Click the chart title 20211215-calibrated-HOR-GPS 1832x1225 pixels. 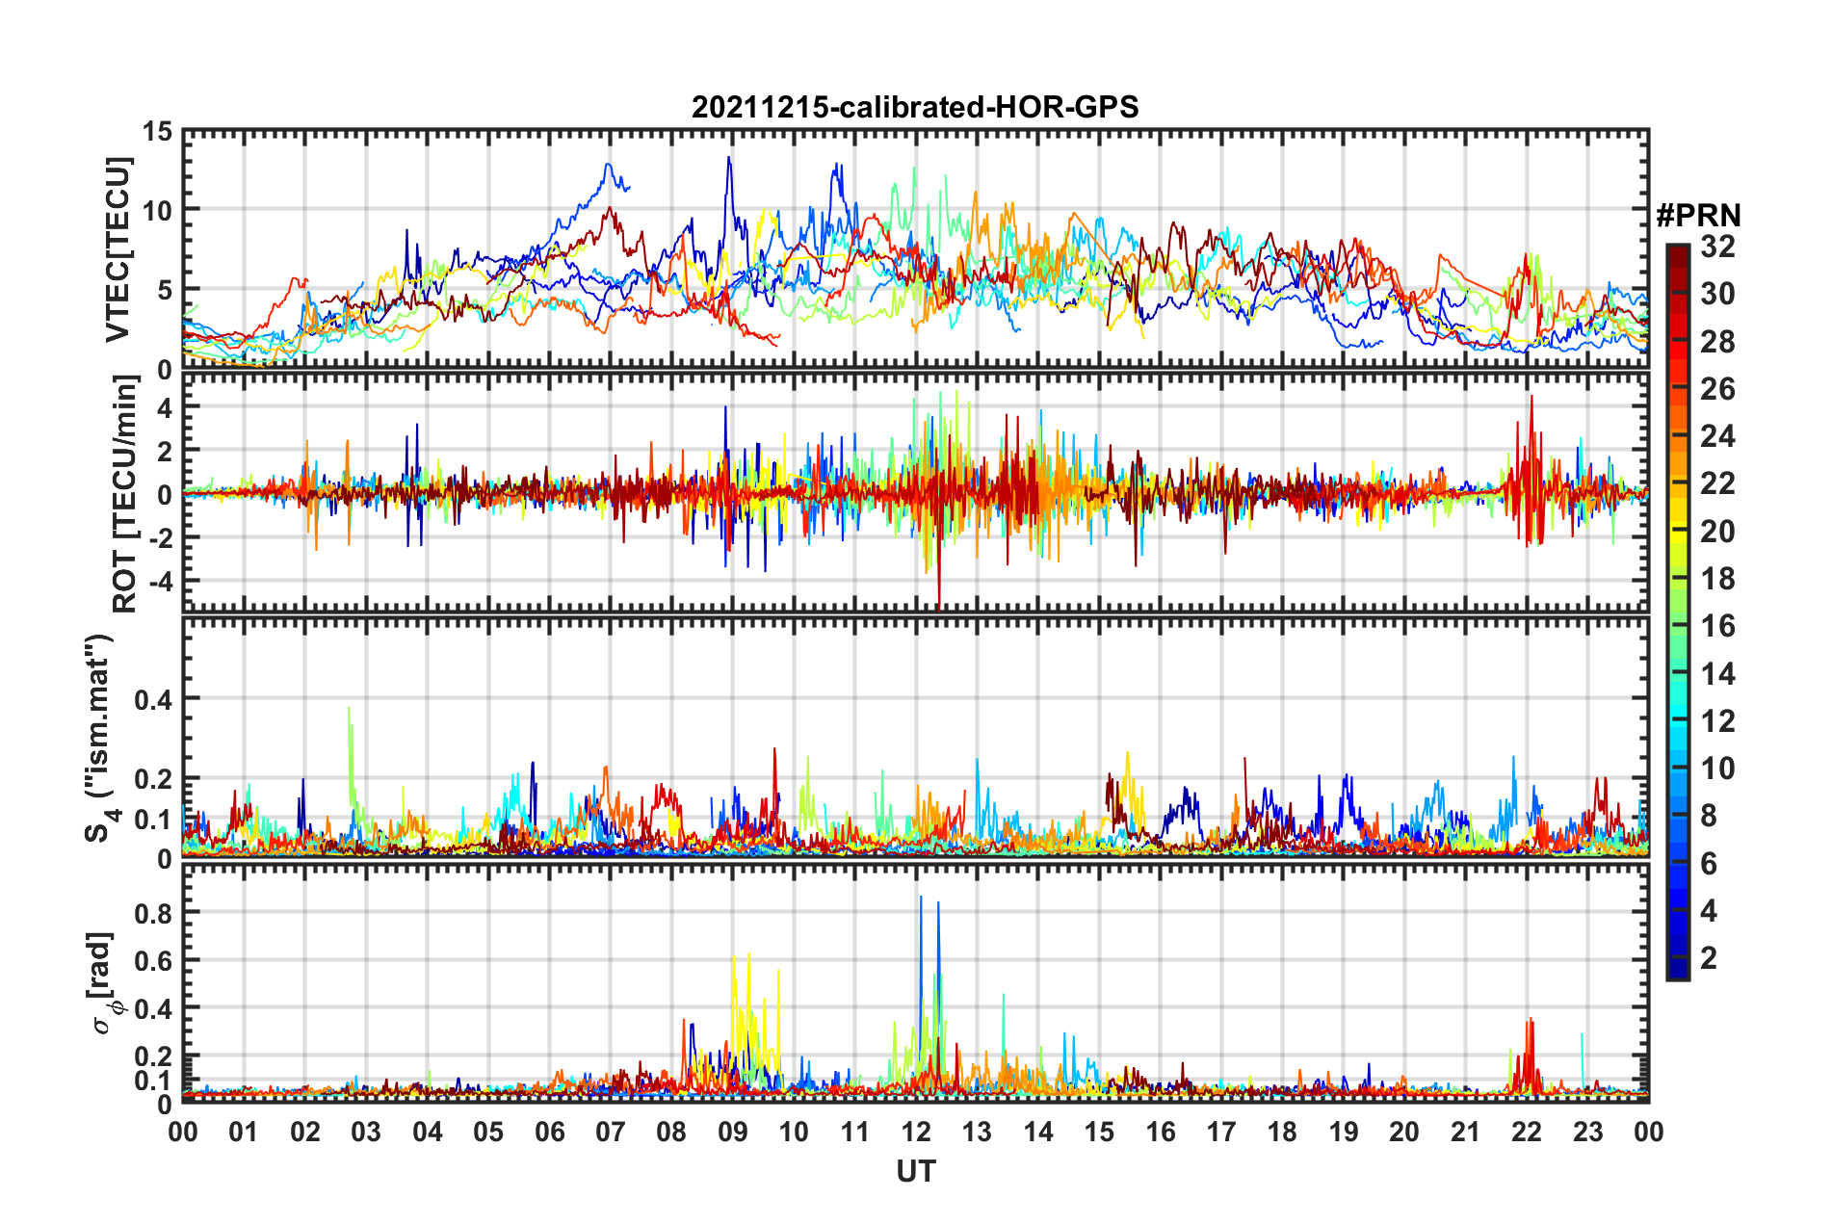click(915, 107)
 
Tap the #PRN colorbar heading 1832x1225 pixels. click(1698, 216)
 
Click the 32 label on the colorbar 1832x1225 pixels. click(1717, 247)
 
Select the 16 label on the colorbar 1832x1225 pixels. click(1717, 626)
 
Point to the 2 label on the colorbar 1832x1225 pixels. click(1709, 957)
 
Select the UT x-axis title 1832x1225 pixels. click(915, 1171)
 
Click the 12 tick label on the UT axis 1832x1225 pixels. click(916, 1132)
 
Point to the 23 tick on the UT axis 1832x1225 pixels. click(1587, 1132)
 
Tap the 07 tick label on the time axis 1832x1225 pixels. click(611, 1132)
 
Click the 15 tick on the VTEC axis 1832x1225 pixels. click(157, 131)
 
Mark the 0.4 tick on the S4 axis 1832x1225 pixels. click(153, 699)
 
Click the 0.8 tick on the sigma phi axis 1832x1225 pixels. click(153, 913)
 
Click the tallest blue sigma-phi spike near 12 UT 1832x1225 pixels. click(921, 899)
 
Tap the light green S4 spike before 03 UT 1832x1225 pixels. click(349, 711)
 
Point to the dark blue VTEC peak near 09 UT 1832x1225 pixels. click(728, 158)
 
